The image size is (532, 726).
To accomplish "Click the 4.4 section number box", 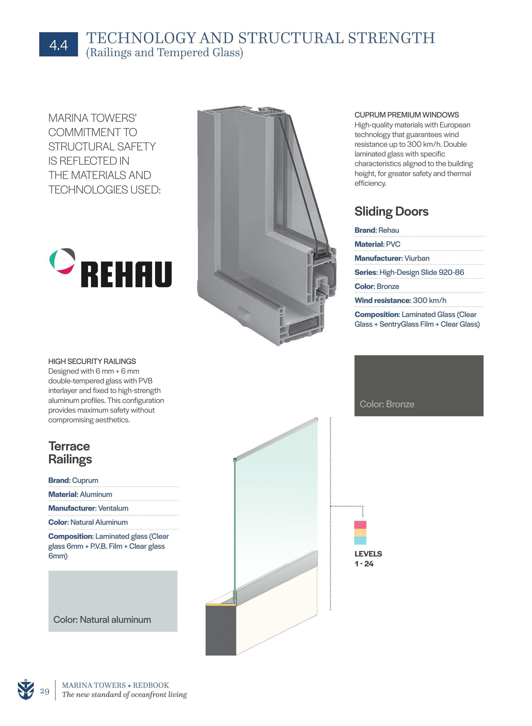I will [58, 45].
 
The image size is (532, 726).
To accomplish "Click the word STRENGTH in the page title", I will [391, 38].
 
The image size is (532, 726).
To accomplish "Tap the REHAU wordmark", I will [126, 274].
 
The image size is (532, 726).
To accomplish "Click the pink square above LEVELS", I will [360, 525].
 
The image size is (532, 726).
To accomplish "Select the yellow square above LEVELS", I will [360, 533].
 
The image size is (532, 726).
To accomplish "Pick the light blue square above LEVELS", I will [360, 541].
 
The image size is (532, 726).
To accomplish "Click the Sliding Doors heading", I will [391, 211].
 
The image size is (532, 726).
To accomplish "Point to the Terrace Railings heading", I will [70, 453].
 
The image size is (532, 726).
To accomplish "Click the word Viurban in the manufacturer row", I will [417, 258].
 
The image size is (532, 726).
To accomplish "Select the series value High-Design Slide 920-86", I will [422, 272].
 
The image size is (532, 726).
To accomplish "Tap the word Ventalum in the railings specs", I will [113, 508].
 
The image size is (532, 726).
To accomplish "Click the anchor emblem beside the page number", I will [26, 690].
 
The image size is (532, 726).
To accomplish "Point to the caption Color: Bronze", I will [387, 404].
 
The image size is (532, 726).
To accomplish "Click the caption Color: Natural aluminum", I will [102, 620].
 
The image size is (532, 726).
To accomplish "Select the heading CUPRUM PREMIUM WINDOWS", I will [406, 115].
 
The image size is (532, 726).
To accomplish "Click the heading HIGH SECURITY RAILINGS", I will [92, 361].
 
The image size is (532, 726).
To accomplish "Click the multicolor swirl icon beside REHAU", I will [62, 261].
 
